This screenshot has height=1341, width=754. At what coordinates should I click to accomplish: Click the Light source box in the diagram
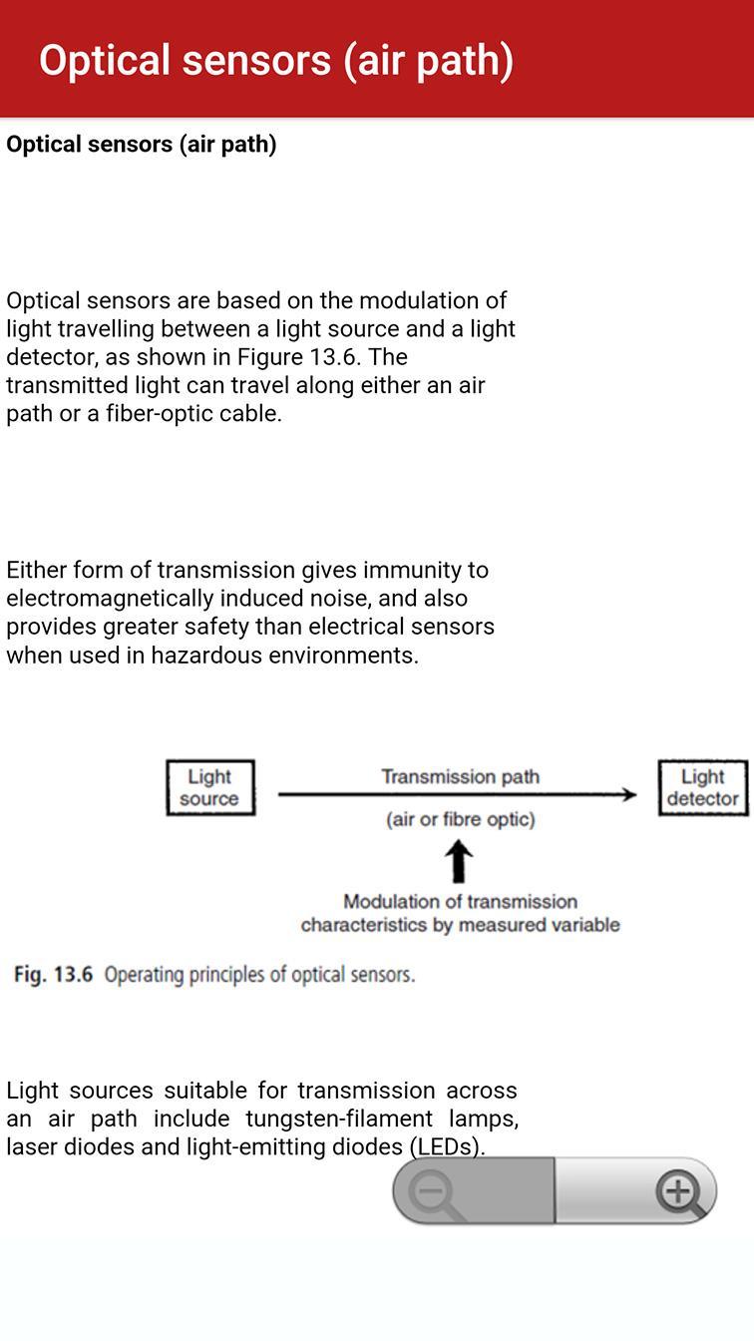(209, 787)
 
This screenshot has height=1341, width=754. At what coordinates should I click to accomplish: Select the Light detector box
(702, 787)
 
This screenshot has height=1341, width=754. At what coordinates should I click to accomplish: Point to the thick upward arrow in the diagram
(458, 861)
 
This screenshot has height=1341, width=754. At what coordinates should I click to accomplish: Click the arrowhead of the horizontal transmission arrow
(628, 794)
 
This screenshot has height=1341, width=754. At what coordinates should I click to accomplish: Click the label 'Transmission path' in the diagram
(460, 776)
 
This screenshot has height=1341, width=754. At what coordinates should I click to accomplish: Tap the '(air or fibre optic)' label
(460, 819)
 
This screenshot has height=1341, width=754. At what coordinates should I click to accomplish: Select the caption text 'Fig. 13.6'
(53, 975)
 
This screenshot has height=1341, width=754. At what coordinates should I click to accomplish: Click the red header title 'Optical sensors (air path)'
(276, 60)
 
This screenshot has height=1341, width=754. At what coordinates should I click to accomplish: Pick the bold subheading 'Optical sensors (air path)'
(142, 144)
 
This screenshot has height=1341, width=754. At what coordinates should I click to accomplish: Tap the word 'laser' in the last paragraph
(32, 1146)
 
